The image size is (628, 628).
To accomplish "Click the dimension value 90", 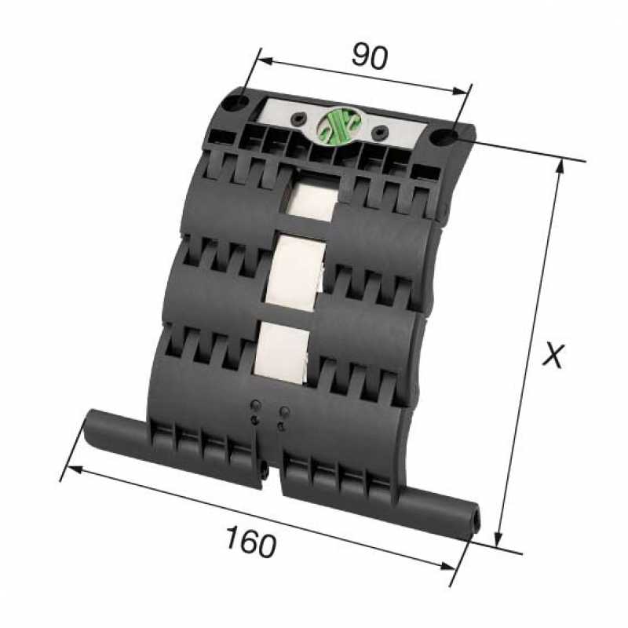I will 369,56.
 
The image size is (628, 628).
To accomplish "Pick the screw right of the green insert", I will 382,130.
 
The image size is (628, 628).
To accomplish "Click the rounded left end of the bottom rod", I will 91,419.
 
